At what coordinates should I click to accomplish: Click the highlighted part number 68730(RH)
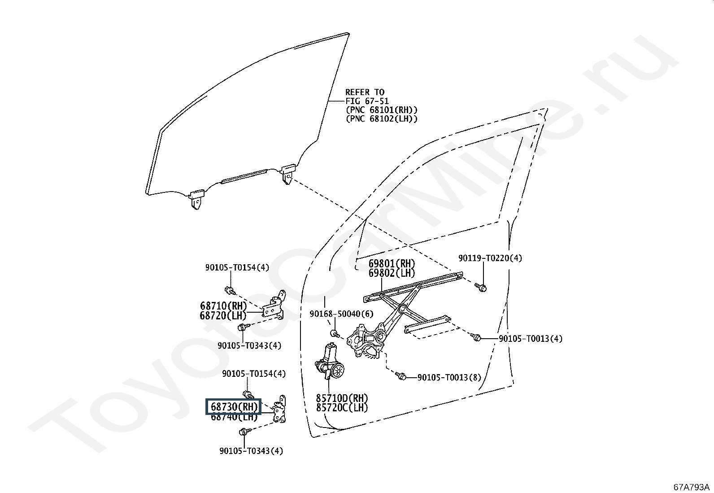pyautogui.click(x=234, y=406)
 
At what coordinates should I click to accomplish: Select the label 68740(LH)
pyautogui.click(x=234, y=416)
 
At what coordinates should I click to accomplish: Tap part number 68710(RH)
pyautogui.click(x=223, y=306)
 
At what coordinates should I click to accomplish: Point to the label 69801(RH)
pyautogui.click(x=392, y=264)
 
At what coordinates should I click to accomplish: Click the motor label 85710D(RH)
pyautogui.click(x=342, y=398)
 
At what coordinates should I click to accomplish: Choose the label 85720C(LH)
pyautogui.click(x=342, y=407)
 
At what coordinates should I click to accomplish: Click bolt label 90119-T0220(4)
pyautogui.click(x=490, y=258)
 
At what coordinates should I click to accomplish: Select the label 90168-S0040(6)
pyautogui.click(x=341, y=314)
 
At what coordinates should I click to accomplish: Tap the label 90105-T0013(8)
pyautogui.click(x=449, y=378)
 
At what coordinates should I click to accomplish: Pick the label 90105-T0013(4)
pyautogui.click(x=531, y=339)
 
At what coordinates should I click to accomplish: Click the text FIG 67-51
pyautogui.click(x=367, y=101)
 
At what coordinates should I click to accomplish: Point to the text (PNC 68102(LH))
pyautogui.click(x=382, y=119)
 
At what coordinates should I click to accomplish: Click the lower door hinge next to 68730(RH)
pyautogui.click(x=279, y=409)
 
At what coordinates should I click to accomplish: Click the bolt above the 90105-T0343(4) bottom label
pyautogui.click(x=245, y=432)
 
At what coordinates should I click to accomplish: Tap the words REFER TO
pyautogui.click(x=365, y=92)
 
